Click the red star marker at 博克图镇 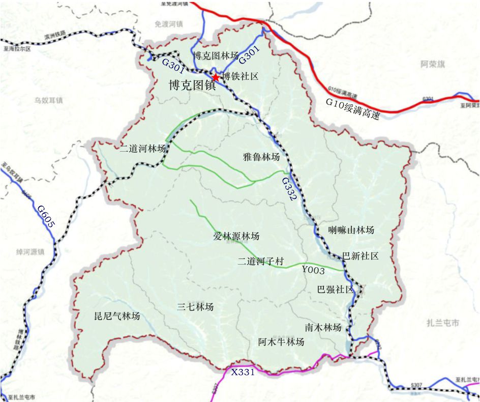click(x=216, y=77)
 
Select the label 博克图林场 click(x=216, y=56)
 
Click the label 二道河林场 click(x=143, y=149)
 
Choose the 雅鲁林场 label click(x=261, y=157)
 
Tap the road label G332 click(x=289, y=189)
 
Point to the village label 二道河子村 click(x=260, y=262)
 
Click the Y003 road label click(x=313, y=270)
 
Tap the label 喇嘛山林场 click(x=351, y=230)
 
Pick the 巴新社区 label click(x=361, y=255)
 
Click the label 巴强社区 click(x=335, y=290)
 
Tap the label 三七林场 click(x=195, y=307)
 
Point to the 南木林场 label click(x=323, y=327)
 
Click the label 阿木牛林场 click(x=281, y=341)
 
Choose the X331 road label click(x=243, y=372)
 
